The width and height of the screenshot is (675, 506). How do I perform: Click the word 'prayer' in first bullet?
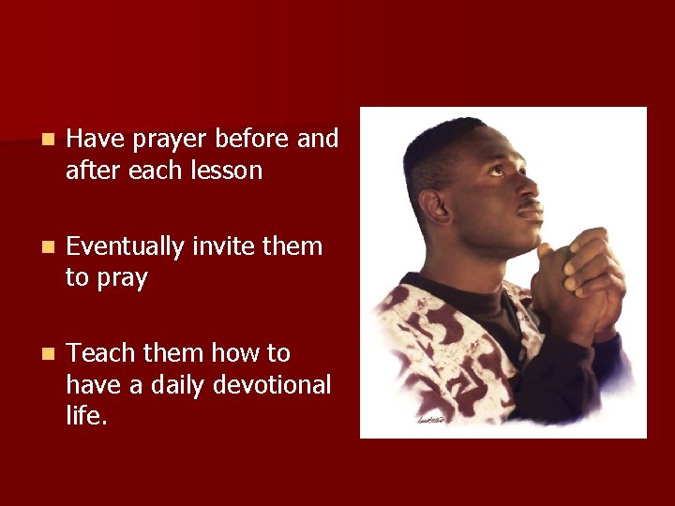(170, 140)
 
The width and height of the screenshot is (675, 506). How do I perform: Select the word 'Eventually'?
(126, 247)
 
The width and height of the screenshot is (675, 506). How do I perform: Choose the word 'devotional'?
(272, 385)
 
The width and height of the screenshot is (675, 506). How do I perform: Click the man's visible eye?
(498, 171)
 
